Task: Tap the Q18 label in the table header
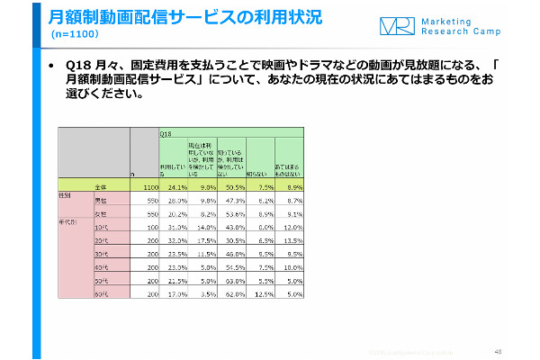[166, 133]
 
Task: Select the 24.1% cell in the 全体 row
[174, 185]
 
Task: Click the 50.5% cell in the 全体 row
[231, 185]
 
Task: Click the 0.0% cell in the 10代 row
[262, 229]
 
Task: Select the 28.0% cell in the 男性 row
[174, 200]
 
